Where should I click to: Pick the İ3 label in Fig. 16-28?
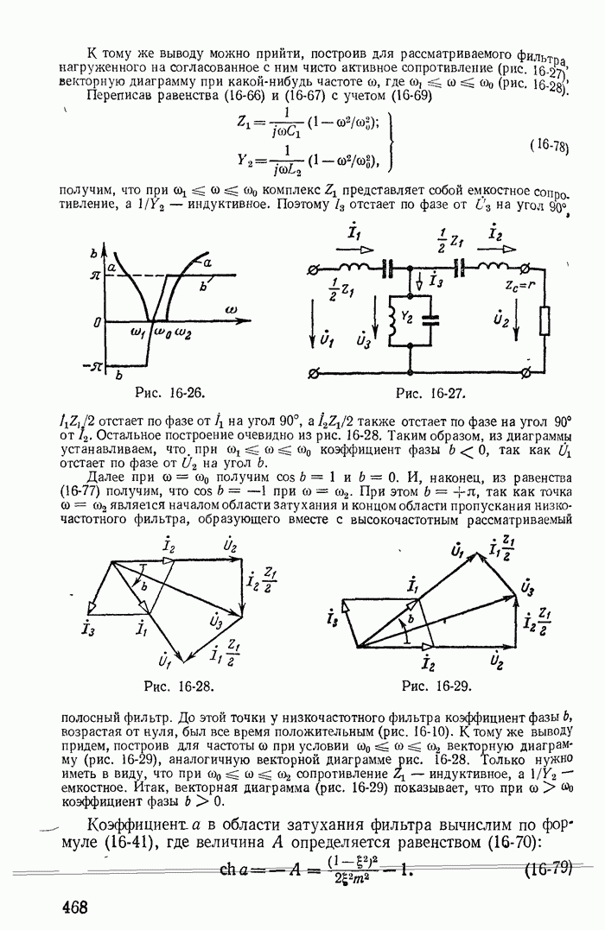pos(86,628)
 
